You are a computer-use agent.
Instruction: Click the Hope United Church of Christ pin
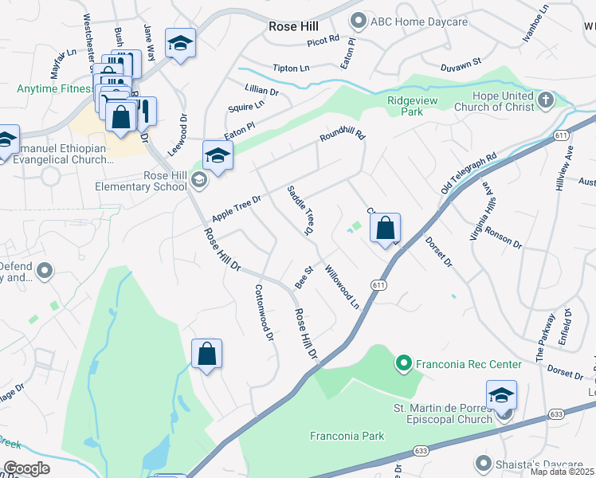546,100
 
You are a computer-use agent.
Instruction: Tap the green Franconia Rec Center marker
404,364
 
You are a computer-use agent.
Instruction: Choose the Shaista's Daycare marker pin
483,463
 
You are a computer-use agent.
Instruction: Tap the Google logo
26,468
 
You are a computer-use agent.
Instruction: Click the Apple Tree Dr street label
237,209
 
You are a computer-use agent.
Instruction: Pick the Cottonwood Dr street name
264,313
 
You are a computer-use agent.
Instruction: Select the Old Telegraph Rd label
469,173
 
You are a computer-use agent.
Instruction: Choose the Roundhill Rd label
342,138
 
